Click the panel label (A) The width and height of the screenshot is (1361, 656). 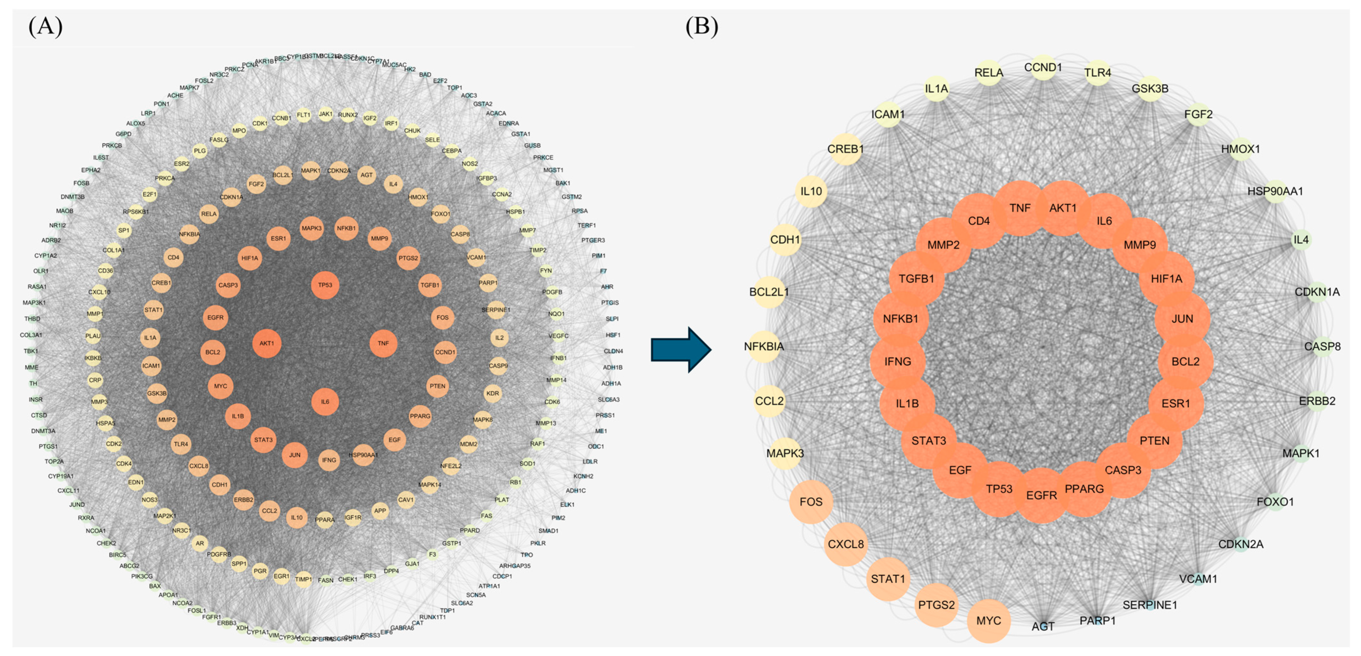[x=45, y=26]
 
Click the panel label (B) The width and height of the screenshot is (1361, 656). [x=702, y=26]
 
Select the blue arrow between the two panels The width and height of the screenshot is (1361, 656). [x=680, y=349]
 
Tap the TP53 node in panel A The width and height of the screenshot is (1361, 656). [x=325, y=285]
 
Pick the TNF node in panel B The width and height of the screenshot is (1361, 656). [x=1020, y=208]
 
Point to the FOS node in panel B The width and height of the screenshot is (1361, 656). [x=811, y=502]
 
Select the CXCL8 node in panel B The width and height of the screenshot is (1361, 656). [x=845, y=544]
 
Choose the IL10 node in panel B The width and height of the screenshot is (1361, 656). [x=811, y=191]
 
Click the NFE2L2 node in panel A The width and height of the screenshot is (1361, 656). [x=451, y=466]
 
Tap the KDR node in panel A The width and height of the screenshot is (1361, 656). [x=493, y=393]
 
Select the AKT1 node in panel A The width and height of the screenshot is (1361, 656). [x=267, y=343]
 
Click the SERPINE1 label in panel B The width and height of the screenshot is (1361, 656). [x=1150, y=605]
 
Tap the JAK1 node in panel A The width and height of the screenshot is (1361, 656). [x=325, y=114]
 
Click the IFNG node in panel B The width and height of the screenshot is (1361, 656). [x=898, y=362]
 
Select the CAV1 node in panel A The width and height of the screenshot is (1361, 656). [x=406, y=500]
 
